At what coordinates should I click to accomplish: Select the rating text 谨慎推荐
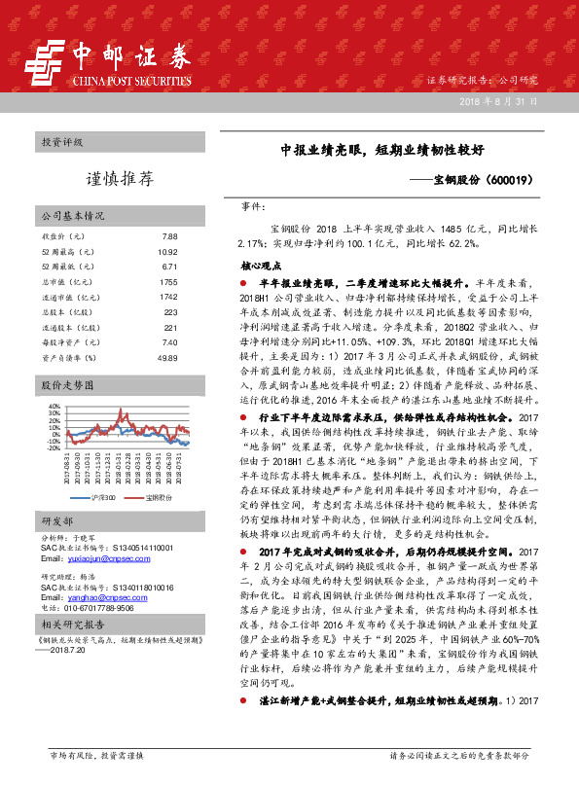(120, 178)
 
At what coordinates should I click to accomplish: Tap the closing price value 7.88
(169, 236)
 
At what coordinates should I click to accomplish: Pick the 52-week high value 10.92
(167, 251)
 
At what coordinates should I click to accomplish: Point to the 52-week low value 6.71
(169, 266)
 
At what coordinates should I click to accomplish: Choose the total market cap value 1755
(167, 281)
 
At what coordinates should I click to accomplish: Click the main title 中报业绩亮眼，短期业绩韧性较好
(390, 152)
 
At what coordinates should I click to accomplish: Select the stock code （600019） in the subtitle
(507, 181)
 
